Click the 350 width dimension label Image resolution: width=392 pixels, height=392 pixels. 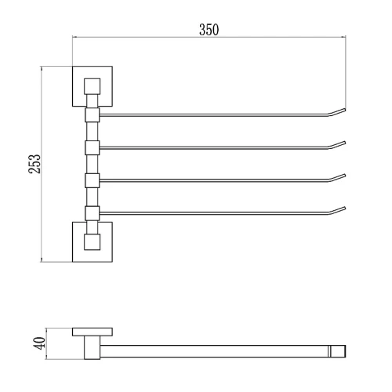[x=209, y=30]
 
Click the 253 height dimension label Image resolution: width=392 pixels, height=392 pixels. [x=34, y=164]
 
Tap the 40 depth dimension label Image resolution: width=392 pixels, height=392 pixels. [x=39, y=343]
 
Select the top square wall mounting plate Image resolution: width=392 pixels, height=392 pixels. [x=93, y=86]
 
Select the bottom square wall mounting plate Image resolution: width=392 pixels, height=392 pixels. [x=93, y=241]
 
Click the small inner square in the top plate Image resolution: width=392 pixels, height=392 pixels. [x=92, y=86]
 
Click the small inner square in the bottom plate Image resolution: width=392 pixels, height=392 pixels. [x=92, y=241]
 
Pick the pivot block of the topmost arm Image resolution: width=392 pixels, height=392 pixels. [x=93, y=115]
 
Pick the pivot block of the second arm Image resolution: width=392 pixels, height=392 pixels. [x=93, y=147]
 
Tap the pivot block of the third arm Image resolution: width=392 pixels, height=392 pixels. [x=93, y=180]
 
